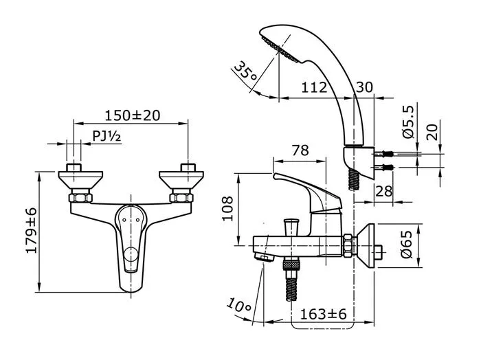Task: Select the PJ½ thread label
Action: (107, 137)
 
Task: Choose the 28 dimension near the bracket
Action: (383, 191)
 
